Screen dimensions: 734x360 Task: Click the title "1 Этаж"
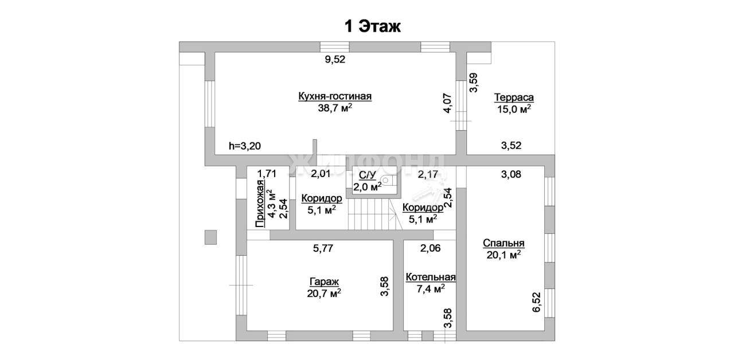[372, 26]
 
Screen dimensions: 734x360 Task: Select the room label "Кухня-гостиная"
[335, 96]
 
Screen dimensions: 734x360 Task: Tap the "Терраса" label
[514, 97]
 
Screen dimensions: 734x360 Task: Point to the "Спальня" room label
[503, 243]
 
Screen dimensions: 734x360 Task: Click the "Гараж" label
[324, 281]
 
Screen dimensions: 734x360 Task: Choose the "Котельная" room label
[431, 277]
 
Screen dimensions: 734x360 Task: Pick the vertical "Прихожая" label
[260, 204]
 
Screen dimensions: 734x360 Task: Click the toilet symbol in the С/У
[389, 180]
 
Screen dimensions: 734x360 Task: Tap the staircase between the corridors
[375, 214]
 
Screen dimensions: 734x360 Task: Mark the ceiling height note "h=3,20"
[245, 146]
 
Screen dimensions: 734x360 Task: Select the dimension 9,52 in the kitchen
[335, 59]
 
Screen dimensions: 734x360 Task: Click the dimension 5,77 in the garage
[323, 248]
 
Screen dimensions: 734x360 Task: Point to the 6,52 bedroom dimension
[536, 302]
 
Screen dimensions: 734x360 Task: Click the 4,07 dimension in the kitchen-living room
[447, 104]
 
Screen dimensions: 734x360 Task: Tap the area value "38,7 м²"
[335, 108]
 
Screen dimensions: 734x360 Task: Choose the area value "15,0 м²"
[514, 109]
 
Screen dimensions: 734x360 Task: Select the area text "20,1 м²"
[503, 255]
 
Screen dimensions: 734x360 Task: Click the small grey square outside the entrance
[210, 237]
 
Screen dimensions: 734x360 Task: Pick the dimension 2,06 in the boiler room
[430, 248]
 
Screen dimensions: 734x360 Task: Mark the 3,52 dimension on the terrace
[511, 145]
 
